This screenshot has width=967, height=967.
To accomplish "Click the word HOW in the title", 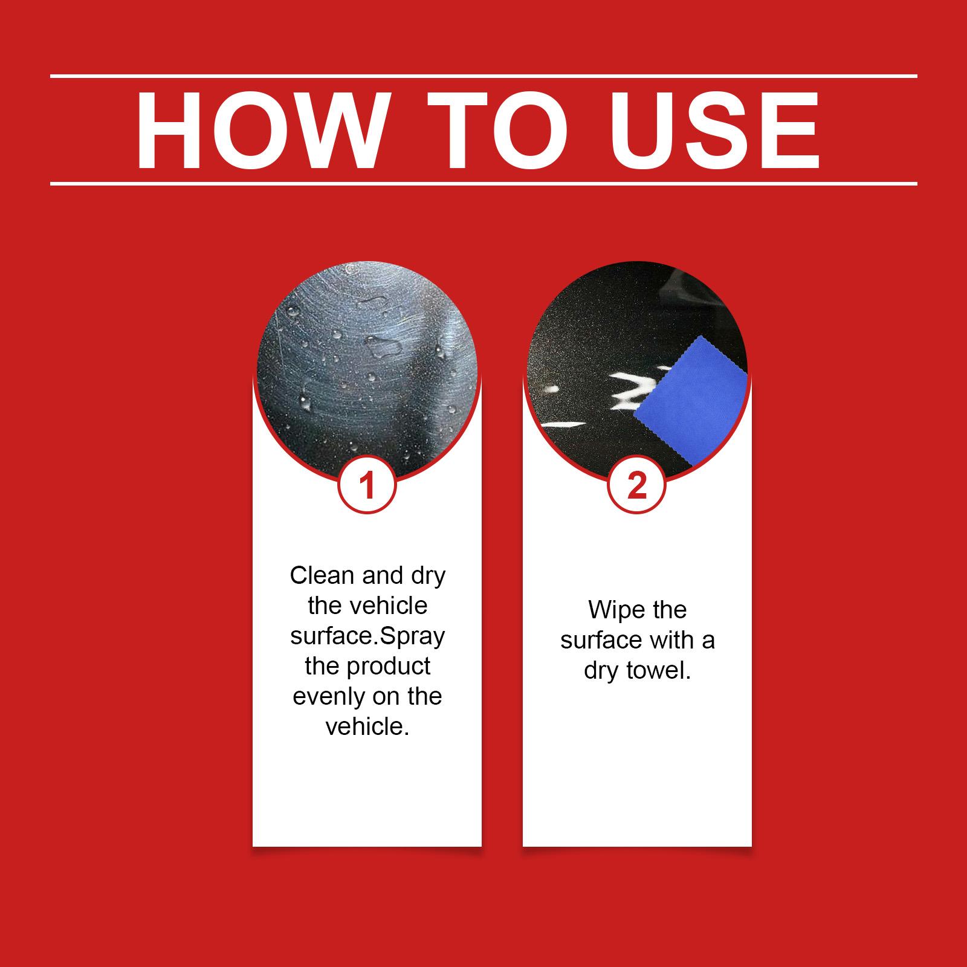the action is tap(260, 131).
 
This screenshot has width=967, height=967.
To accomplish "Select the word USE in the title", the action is tap(715, 131).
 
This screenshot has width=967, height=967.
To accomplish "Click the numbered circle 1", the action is tap(367, 485).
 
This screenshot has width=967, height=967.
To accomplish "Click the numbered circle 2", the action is tap(637, 485).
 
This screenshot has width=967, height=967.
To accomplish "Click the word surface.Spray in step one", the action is tap(367, 637).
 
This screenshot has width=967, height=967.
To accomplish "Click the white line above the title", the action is tap(483, 76).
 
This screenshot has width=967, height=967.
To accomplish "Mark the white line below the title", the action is tap(483, 183).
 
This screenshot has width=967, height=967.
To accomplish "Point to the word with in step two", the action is tap(670, 641).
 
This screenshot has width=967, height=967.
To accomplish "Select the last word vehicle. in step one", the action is tap(367, 726).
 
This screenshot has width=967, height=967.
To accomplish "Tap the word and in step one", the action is tap(384, 575).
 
